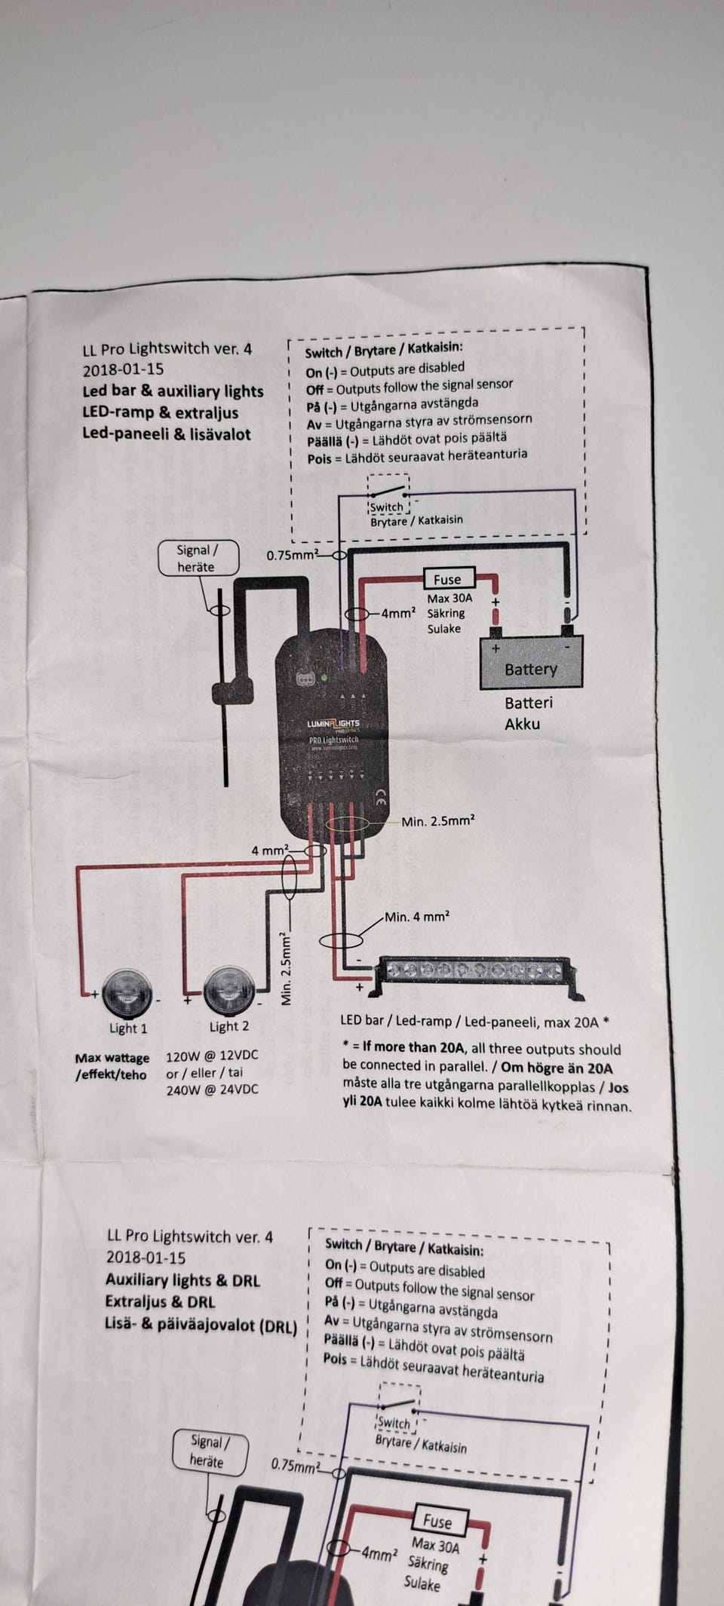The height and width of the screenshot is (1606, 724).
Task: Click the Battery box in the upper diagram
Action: [x=531, y=664]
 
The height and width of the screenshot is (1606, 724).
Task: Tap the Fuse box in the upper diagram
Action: [x=448, y=579]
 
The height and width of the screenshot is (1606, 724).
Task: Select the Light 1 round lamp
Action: [x=127, y=991]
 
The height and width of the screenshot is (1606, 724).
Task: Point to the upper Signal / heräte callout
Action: [x=198, y=559]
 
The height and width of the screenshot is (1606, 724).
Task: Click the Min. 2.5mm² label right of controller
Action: [x=438, y=821]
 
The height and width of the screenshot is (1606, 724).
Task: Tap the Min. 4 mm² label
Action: [x=417, y=917]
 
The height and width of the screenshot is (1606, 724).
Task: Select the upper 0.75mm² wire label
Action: [x=291, y=556]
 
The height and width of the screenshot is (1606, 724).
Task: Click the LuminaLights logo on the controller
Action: [x=333, y=724]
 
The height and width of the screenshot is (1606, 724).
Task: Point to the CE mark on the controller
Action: [x=381, y=801]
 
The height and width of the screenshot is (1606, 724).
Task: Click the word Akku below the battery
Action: [x=522, y=724]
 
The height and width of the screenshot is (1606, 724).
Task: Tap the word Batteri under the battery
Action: [x=528, y=703]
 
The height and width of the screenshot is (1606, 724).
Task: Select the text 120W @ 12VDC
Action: [x=212, y=1055]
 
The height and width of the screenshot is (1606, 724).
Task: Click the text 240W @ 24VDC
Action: [x=212, y=1090]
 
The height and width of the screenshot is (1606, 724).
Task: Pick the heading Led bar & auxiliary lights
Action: [x=173, y=391]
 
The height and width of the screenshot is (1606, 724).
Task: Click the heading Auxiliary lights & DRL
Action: [x=183, y=1280]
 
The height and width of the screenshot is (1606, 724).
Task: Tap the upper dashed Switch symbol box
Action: [x=388, y=494]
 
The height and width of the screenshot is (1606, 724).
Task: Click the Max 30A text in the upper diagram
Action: [x=449, y=598]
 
